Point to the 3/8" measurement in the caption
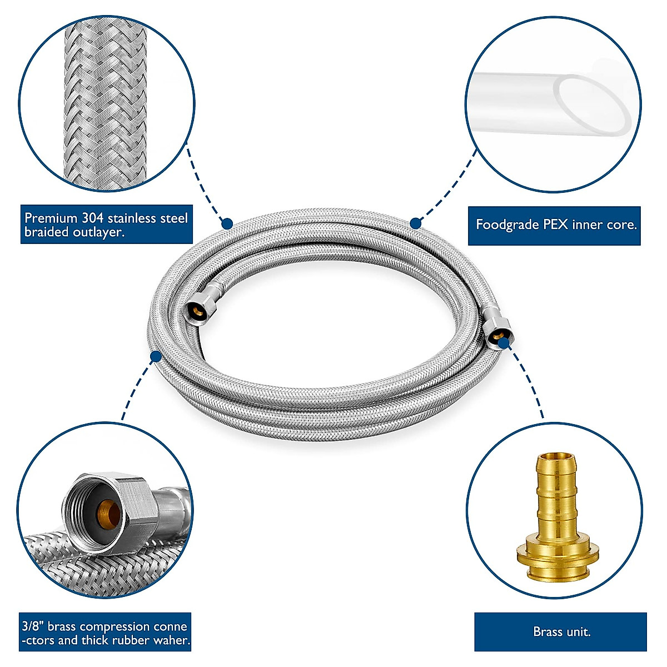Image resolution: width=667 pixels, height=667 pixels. (33, 626)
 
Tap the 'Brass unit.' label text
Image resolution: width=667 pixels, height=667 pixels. (561, 632)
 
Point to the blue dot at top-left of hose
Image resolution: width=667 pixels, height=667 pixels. (227, 223)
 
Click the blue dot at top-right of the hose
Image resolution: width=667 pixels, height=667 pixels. (415, 223)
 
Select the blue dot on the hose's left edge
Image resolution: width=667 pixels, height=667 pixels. (156, 356)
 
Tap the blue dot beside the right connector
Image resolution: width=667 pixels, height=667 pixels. (504, 344)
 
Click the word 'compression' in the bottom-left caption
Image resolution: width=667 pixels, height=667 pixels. (115, 626)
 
